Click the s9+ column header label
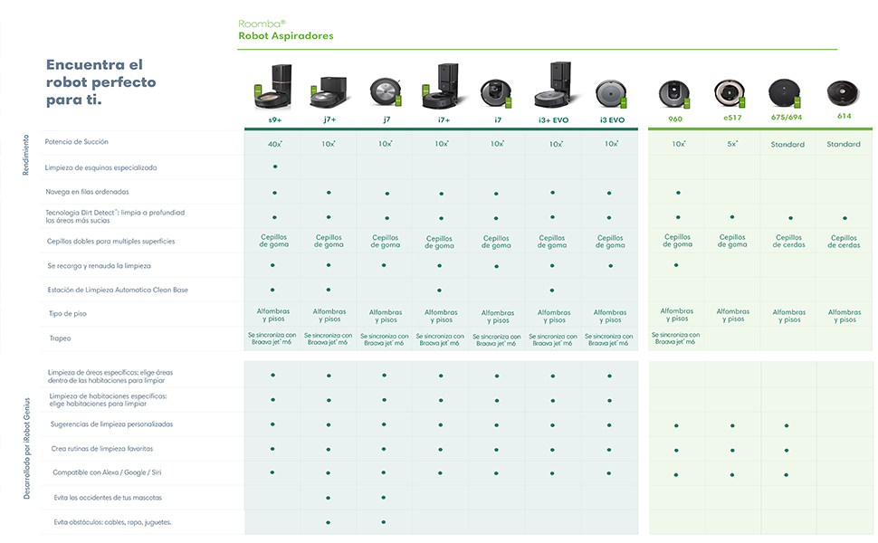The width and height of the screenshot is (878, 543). point(274,119)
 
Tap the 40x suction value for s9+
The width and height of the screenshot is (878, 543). point(274,144)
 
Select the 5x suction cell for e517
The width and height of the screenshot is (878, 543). point(732,144)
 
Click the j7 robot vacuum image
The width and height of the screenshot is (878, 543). point(385,90)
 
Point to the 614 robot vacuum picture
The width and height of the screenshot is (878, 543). point(844,92)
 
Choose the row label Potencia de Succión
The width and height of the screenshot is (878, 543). point(77,142)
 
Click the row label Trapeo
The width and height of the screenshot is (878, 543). point(61,338)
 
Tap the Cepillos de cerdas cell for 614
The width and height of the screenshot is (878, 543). point(844,242)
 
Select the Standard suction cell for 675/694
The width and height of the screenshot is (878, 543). point(787,144)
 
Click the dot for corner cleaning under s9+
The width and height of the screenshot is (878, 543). point(274,167)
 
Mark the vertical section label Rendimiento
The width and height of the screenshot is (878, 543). point(25,155)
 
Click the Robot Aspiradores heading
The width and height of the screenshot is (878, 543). point(286,36)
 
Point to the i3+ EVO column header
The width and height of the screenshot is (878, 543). point(553,119)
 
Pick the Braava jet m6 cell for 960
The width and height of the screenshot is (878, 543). point(677,338)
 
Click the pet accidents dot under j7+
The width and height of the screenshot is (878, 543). point(329,498)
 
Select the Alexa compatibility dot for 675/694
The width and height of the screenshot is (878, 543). point(787,474)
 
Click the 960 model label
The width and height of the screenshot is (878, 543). point(676,119)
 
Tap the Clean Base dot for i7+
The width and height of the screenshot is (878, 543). point(440,291)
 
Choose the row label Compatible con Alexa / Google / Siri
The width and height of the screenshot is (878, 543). point(107,472)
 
